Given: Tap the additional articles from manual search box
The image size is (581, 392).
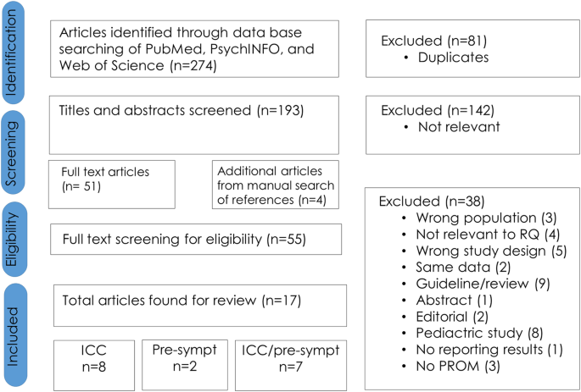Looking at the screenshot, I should [275, 184].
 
